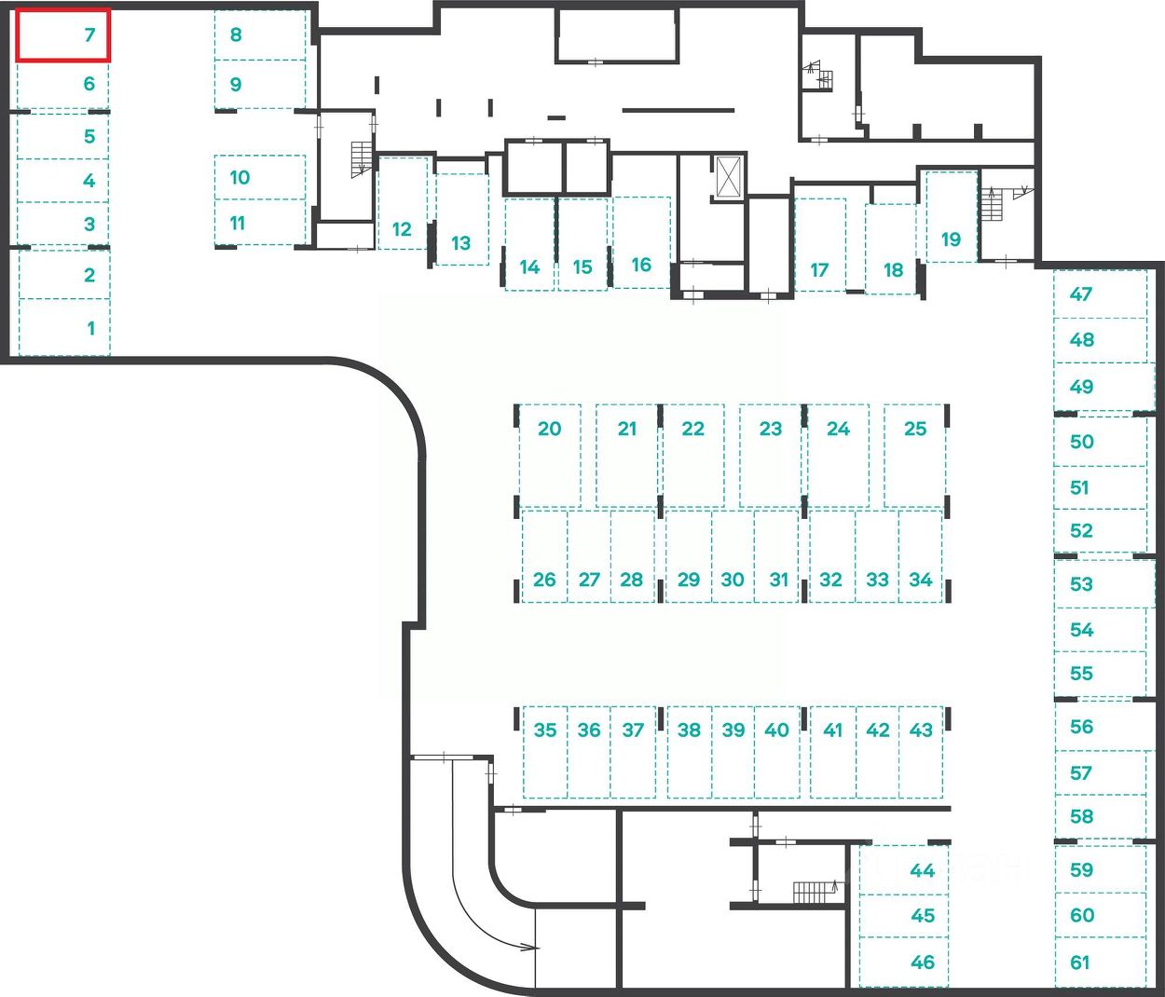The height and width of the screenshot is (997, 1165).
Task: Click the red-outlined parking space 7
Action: coord(63,35)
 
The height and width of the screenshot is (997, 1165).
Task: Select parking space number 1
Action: coord(64,327)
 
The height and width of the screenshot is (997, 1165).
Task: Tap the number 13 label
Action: coord(460,243)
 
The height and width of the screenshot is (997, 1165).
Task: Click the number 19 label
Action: coord(951,239)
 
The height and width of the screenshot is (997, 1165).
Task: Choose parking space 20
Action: coord(549,455)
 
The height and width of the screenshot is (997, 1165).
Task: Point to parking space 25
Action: coord(915,455)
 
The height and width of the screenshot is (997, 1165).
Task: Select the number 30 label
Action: coord(733,580)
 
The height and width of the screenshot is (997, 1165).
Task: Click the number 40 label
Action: coord(776,730)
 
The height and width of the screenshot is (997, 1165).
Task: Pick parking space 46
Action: coord(903,963)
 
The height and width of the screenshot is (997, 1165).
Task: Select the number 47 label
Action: coord(1081,294)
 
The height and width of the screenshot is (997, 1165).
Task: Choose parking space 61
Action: coord(1100,963)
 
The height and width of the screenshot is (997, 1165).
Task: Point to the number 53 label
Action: coord(1081,584)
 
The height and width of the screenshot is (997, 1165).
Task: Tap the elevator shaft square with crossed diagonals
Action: coord(728,174)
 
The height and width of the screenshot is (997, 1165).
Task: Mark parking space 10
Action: coord(259,177)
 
